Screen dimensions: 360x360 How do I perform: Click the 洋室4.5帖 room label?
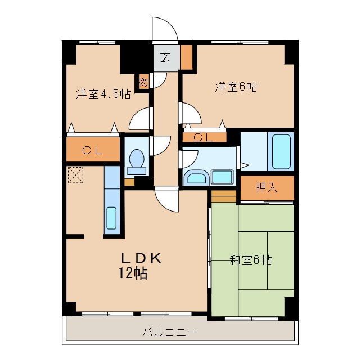(x=103, y=94)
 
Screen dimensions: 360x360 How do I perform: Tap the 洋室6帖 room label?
(x=236, y=87)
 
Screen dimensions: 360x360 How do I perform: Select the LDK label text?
(x=142, y=258)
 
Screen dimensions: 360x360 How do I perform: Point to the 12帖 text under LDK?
(x=133, y=274)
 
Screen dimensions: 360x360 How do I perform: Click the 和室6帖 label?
(x=251, y=260)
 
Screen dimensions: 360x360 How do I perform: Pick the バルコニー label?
(x=169, y=332)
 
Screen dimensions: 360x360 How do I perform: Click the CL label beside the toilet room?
(x=93, y=150)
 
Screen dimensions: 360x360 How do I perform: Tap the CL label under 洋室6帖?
(x=203, y=137)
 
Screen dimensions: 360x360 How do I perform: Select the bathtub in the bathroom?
(x=282, y=151)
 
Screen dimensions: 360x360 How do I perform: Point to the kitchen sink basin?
(x=111, y=218)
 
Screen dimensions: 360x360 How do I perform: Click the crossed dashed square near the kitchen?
(x=75, y=175)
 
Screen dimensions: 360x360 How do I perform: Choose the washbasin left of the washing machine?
(x=197, y=178)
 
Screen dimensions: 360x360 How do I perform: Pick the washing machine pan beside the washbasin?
(x=222, y=177)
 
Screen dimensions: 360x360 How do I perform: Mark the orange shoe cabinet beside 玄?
(x=186, y=56)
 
